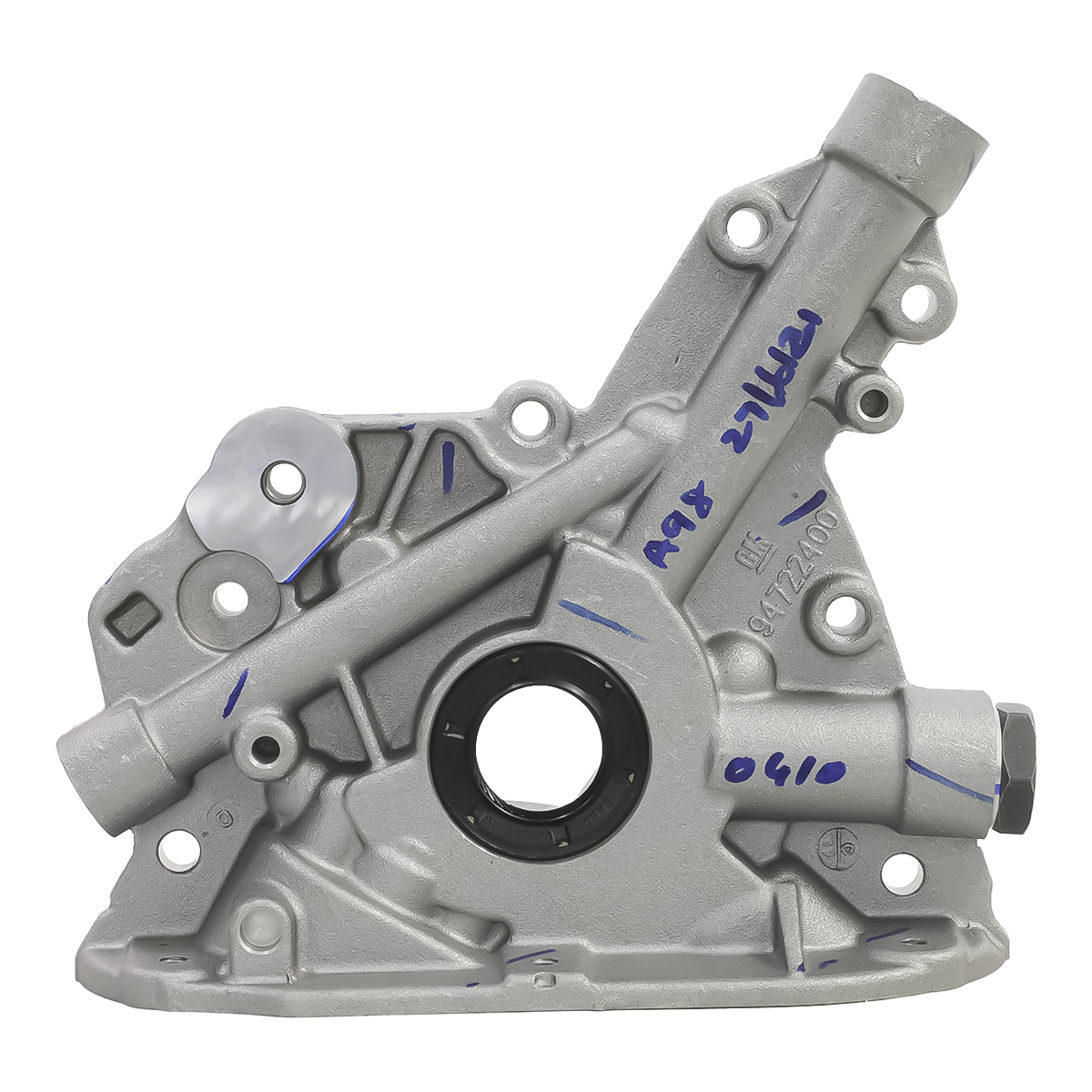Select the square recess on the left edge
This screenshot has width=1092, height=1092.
(128, 619)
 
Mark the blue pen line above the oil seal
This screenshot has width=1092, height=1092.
(601, 619)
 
